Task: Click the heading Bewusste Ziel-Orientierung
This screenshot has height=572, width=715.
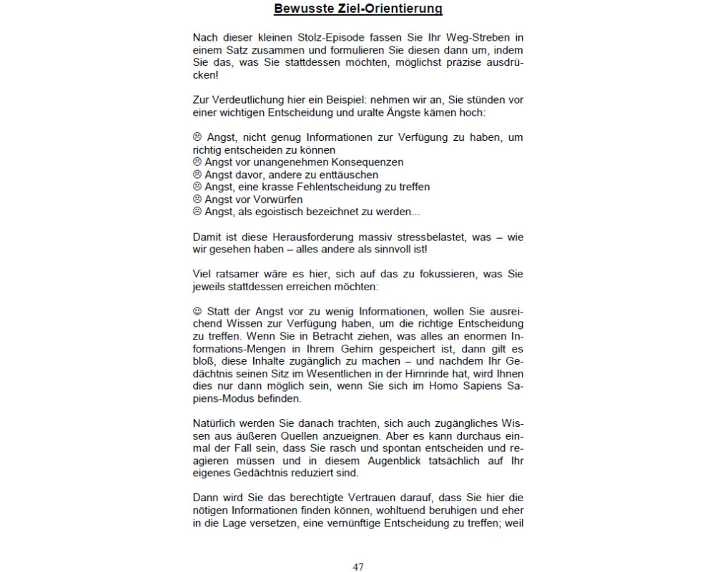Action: point(357,9)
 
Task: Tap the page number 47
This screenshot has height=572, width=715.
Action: point(357,567)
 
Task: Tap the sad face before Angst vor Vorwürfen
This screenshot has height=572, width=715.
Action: point(197,199)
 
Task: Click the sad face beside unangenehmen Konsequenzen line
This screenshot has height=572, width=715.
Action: point(197,162)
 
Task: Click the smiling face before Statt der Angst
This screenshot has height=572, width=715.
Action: point(197,312)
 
